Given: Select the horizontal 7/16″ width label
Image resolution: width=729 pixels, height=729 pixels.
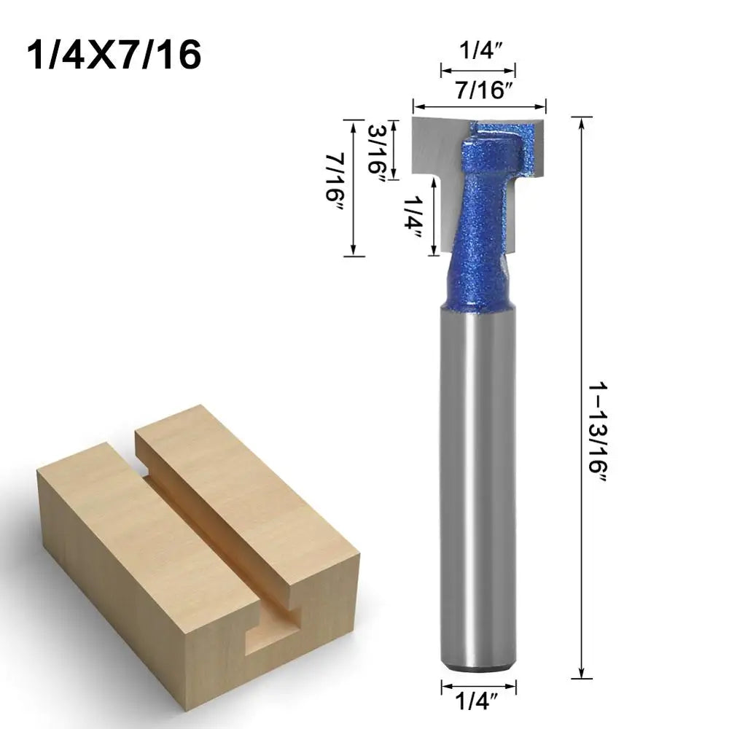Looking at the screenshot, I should [x=479, y=91].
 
